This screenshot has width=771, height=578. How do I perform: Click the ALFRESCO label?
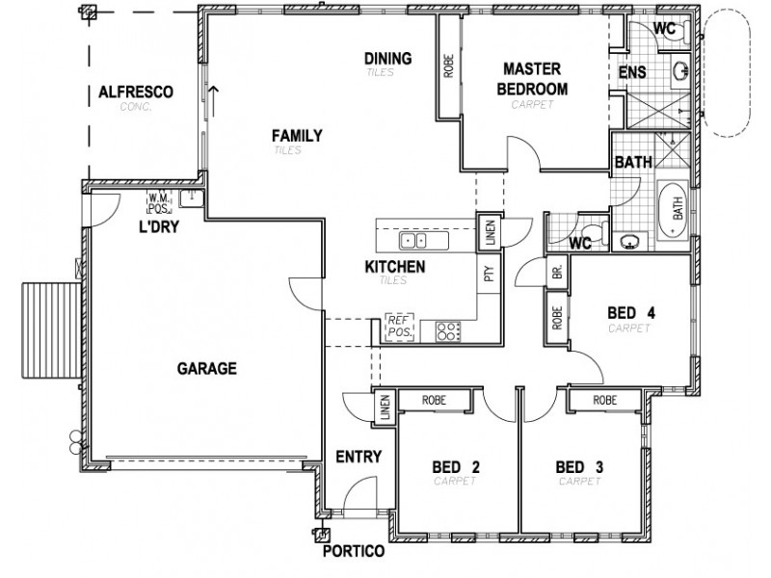[135, 92]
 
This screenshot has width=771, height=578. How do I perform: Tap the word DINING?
[388, 59]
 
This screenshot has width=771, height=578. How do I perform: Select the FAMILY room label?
[296, 136]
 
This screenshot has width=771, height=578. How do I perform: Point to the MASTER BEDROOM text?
[533, 79]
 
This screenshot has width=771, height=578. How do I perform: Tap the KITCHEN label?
[394, 266]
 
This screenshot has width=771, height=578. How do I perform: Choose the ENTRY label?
[359, 457]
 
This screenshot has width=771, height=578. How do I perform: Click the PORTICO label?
[355, 552]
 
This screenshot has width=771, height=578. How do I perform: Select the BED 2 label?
[456, 468]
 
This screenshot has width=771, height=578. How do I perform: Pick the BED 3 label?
[579, 468]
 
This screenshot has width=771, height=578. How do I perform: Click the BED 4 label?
[631, 313]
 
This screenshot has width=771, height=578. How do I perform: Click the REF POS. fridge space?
[399, 327]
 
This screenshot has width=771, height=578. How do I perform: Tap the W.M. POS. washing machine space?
[158, 202]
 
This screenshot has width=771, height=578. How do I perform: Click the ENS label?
[631, 73]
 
